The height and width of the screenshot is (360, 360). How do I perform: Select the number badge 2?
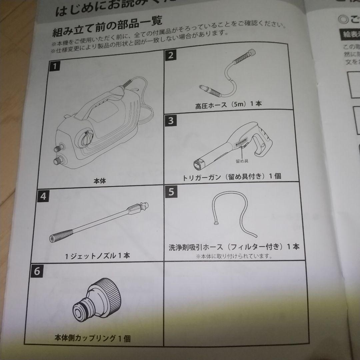pyautogui.click(x=171, y=55)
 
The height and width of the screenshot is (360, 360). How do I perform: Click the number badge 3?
pyautogui.click(x=171, y=120)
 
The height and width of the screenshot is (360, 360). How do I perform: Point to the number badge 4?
pyautogui.click(x=43, y=196)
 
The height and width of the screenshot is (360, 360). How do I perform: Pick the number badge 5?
pyautogui.click(x=171, y=192)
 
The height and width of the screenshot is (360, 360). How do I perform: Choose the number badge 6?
pyautogui.click(x=37, y=271)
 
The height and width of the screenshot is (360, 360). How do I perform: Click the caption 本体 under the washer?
pyautogui.click(x=100, y=182)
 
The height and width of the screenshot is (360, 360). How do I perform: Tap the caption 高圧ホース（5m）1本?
pyautogui.click(x=229, y=104)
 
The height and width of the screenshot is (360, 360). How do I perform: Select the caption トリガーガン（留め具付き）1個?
pyautogui.click(x=232, y=177)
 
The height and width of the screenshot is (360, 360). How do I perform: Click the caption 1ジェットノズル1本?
pyautogui.click(x=98, y=256)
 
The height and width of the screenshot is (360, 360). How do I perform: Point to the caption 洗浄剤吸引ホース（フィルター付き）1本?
pyautogui.click(x=234, y=247)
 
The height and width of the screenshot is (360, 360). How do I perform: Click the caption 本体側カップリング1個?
pyautogui.click(x=92, y=339)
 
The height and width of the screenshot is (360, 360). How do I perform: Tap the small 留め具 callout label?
pyautogui.click(x=242, y=161)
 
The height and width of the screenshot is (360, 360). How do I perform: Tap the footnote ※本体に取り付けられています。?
pyautogui.click(x=234, y=256)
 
